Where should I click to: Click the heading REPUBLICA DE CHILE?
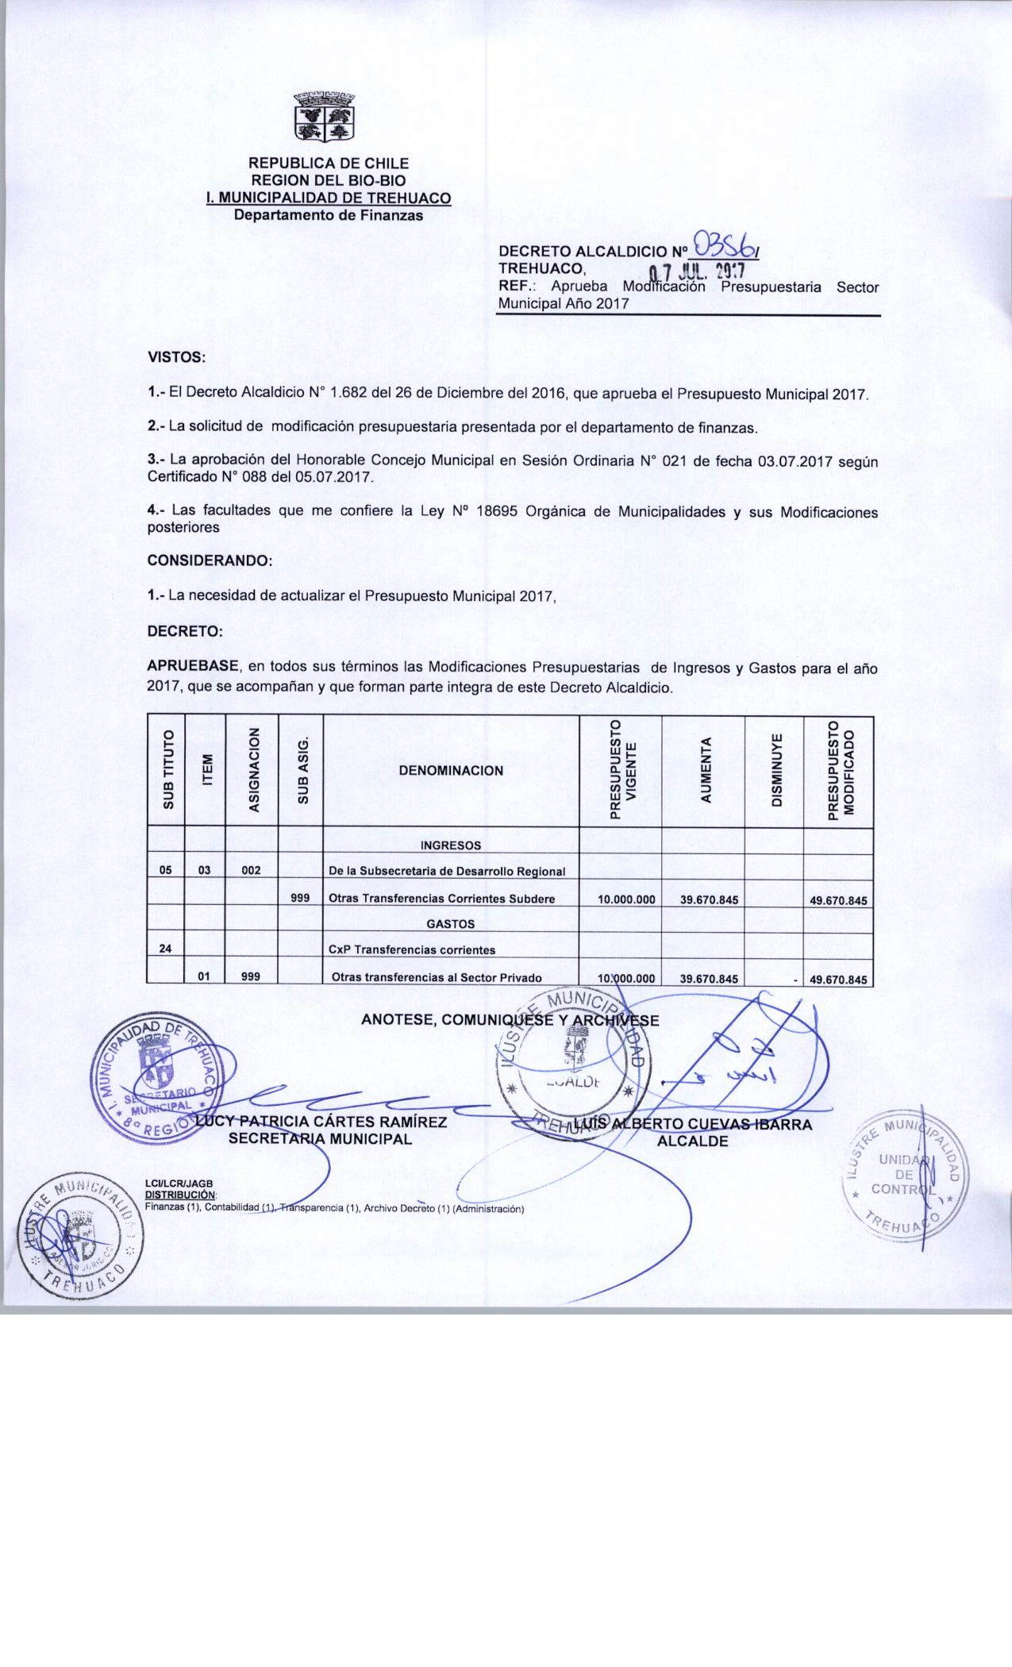(x=329, y=164)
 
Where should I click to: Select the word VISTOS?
(x=177, y=357)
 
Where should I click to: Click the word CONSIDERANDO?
(x=210, y=560)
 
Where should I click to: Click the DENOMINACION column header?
(x=451, y=770)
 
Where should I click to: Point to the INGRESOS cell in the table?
(x=451, y=845)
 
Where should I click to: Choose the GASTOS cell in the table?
(x=451, y=924)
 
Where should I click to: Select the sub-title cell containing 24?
(x=166, y=949)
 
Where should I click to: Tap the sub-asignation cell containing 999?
(x=300, y=899)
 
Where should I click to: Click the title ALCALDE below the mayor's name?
(x=693, y=1141)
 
